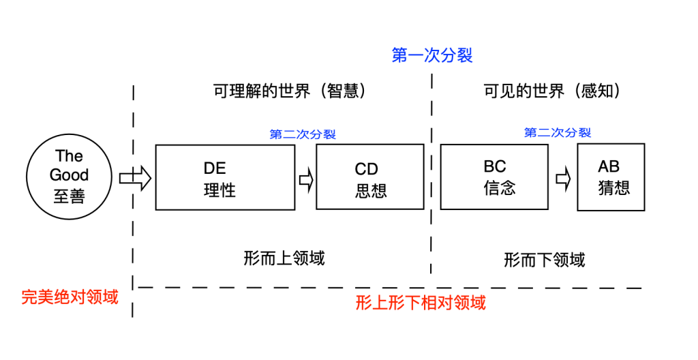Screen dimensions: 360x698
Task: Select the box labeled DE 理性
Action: pos(225,177)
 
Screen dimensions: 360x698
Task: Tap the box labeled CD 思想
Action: pos(371,177)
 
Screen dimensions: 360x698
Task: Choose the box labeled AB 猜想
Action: pos(611,177)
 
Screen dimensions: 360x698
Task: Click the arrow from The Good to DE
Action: pos(134,178)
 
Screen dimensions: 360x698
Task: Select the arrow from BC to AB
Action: pos(563,178)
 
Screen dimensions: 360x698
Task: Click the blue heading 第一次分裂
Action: pos(432,55)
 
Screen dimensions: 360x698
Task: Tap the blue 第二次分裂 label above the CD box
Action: pos(303,134)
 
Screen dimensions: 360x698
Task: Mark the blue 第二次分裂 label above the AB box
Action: pos(557,133)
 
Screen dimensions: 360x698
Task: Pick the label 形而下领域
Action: pos(544,260)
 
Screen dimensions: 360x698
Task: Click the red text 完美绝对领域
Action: pos(70,297)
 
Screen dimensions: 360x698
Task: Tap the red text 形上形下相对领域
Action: pos(421,303)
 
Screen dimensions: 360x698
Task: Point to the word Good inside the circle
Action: pos(70,175)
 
